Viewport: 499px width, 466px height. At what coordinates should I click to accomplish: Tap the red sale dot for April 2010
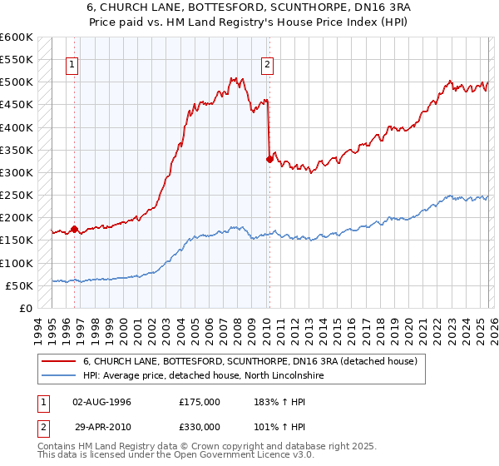269,159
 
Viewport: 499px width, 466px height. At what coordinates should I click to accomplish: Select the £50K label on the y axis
20,285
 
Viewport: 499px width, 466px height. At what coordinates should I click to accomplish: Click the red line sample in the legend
59,362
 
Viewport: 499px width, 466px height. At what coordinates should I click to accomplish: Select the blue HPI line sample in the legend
59,376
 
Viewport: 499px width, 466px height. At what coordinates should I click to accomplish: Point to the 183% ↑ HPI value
278,402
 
